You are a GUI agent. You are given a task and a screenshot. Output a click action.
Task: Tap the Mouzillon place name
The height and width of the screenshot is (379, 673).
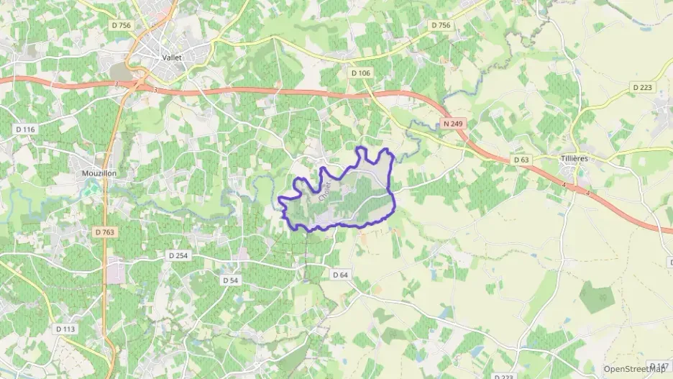(100, 173)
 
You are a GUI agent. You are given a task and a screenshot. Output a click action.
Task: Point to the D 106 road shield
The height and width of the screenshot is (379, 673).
(361, 73)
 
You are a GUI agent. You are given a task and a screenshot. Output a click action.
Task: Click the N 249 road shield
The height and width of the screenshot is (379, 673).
(453, 124)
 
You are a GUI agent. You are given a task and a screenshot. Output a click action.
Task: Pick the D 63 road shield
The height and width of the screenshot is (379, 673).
(521, 160)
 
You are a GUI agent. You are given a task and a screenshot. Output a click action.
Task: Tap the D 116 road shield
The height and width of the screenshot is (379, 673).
(25, 129)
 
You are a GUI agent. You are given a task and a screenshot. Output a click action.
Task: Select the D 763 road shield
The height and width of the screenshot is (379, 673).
(105, 232)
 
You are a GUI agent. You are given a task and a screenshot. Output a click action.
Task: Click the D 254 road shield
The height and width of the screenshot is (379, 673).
(178, 255)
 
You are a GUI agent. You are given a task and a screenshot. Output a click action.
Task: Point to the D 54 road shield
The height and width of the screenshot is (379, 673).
(230, 280)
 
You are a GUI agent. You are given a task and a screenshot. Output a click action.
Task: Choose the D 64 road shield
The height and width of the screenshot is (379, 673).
(340, 275)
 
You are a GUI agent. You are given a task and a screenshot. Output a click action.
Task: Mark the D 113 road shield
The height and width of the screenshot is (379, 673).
(65, 329)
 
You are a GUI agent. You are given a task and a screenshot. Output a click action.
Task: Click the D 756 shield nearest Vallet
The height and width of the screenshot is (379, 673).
(122, 25)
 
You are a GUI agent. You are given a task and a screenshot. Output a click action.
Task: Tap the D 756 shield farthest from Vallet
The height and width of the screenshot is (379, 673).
(440, 25)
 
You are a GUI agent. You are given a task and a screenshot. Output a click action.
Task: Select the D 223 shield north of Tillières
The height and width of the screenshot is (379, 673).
(642, 87)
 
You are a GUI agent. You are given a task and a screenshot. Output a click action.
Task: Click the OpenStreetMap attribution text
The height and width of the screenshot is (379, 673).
(634, 368)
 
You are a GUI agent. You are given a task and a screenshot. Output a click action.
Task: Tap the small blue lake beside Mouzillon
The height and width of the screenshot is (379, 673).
(93, 190)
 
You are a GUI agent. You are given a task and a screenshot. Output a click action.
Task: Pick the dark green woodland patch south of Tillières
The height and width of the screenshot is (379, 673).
(598, 296)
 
